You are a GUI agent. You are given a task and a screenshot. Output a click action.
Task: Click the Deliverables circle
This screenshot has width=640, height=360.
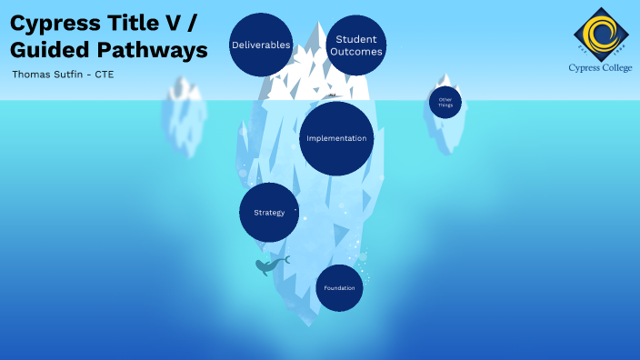click(261, 45)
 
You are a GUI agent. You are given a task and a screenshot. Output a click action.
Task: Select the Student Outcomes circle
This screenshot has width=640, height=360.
click(356, 45)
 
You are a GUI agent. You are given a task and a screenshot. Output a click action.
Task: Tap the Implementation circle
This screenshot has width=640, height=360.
click(336, 138)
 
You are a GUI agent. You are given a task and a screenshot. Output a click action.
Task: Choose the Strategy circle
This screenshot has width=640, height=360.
click(269, 213)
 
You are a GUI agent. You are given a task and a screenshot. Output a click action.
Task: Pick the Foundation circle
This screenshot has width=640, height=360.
click(339, 288)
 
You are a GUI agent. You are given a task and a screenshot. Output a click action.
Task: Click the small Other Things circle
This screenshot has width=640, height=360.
click(445, 102)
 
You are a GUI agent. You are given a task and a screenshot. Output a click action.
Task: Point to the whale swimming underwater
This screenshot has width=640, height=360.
click(270, 265)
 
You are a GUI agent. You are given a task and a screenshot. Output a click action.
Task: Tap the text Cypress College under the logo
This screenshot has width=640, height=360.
click(597, 68)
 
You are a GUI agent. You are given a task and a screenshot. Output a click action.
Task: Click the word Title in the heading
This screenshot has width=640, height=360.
click(136, 22)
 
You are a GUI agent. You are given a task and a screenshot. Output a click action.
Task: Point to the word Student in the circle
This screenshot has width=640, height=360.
click(356, 38)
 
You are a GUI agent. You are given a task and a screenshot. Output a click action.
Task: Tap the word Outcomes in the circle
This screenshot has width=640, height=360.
click(356, 52)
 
